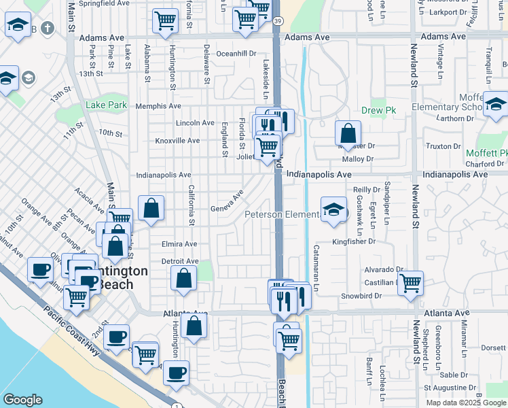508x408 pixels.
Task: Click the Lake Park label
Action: click(x=107, y=105)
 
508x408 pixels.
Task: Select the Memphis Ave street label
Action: click(x=158, y=106)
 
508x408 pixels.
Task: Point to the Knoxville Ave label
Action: click(x=177, y=141)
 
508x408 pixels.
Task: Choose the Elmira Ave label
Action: click(x=179, y=244)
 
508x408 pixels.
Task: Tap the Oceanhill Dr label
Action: click(x=236, y=53)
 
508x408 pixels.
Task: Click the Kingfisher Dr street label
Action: click(x=353, y=241)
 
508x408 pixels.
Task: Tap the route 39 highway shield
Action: click(x=277, y=21)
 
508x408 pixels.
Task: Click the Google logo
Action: click(x=22, y=400)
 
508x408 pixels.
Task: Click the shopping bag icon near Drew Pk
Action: click(x=348, y=133)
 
